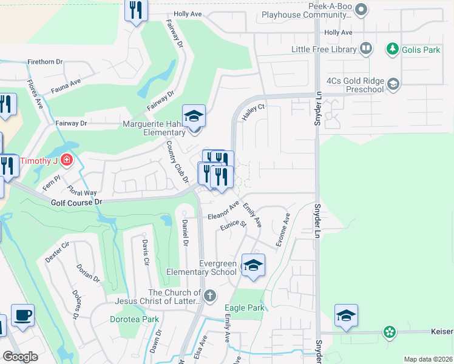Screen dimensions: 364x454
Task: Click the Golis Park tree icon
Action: (x=393, y=49)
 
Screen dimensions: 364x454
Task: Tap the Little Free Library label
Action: (x=324, y=49)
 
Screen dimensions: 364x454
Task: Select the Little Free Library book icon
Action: (x=366, y=48)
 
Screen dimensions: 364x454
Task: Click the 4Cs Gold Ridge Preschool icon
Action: (x=393, y=84)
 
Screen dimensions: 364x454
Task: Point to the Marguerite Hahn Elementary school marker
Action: (x=194, y=116)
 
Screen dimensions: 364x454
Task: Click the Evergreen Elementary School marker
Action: (x=253, y=266)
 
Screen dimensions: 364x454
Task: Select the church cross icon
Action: (x=210, y=296)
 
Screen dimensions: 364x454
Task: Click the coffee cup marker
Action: (x=22, y=315)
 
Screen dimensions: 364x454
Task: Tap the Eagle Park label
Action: (x=245, y=308)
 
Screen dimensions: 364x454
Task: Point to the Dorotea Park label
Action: (x=134, y=319)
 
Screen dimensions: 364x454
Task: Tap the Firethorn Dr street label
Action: (x=46, y=62)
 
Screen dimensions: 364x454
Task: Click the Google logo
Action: (x=20, y=357)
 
